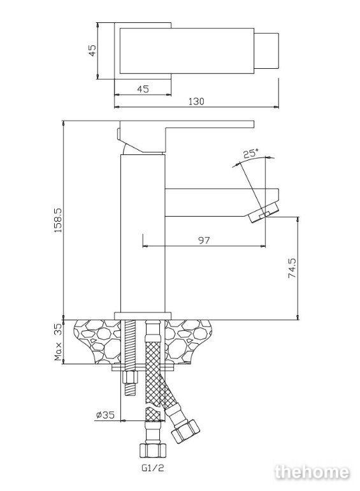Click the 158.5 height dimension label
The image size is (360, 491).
[x=59, y=220]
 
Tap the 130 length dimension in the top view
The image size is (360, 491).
[x=196, y=101]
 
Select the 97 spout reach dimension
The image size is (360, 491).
[x=204, y=240]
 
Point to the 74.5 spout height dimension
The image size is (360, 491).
[x=292, y=268]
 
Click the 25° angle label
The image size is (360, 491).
[x=251, y=154]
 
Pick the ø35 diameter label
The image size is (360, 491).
[x=105, y=415]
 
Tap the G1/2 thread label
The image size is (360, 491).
[x=153, y=468]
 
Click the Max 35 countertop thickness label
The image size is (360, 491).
[x=59, y=342]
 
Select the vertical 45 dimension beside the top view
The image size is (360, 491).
[x=92, y=50]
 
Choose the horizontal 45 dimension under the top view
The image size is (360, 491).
[x=143, y=89]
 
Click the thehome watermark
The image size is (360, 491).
[x=312, y=473]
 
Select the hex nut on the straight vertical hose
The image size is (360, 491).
[x=154, y=450]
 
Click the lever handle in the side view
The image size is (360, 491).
[x=186, y=136]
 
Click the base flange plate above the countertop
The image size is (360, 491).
[x=143, y=316]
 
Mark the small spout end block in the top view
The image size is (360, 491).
[x=266, y=51]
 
